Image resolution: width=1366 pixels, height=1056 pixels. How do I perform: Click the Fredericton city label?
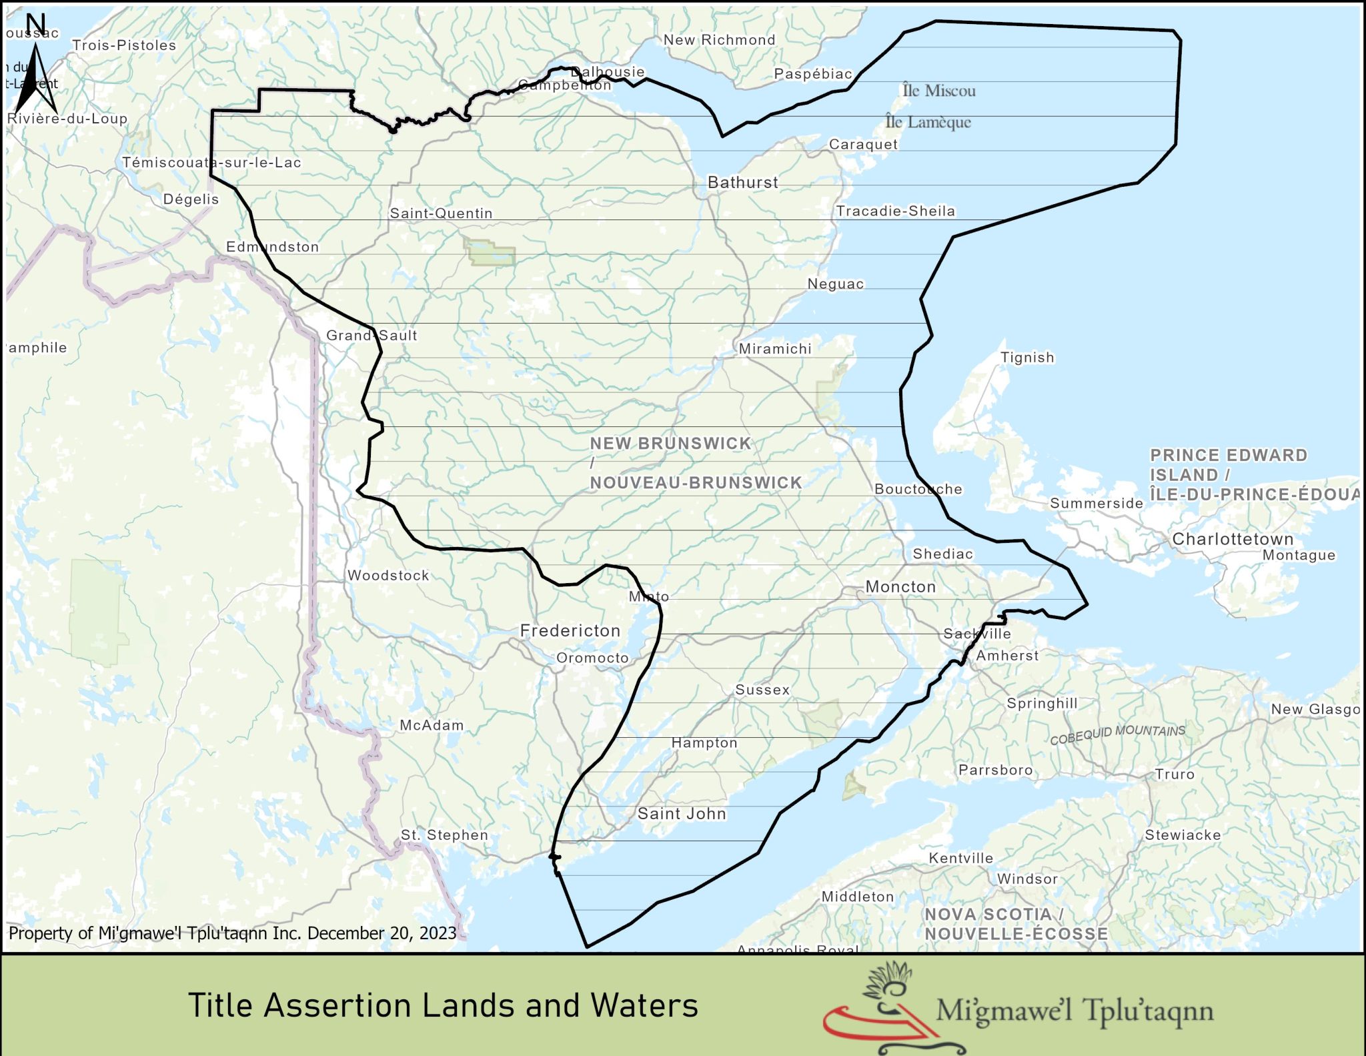point(570,630)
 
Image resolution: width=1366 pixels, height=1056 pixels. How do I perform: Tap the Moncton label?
point(900,586)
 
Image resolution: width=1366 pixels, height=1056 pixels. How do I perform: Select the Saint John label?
point(681,813)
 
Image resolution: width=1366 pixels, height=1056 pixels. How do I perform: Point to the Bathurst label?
point(742,182)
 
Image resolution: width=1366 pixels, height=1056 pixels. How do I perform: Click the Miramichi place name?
point(775,348)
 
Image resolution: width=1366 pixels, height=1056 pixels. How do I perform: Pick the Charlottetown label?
point(1233,538)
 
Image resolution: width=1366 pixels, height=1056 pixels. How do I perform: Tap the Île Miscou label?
point(938,91)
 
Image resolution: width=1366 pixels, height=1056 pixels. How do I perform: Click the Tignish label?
point(1027,358)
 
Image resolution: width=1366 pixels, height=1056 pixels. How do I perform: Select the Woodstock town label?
point(388,575)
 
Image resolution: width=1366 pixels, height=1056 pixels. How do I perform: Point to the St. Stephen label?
point(444,835)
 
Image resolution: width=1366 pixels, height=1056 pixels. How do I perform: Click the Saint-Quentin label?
point(441,213)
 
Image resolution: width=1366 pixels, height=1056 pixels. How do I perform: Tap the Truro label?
point(1175,774)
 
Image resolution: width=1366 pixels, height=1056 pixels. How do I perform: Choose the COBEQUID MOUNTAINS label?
point(1117,734)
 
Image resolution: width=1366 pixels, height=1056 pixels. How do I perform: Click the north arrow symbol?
point(35,73)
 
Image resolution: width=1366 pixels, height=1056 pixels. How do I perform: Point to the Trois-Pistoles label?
point(124,45)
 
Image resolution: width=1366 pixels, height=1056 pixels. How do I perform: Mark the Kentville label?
point(960,858)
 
